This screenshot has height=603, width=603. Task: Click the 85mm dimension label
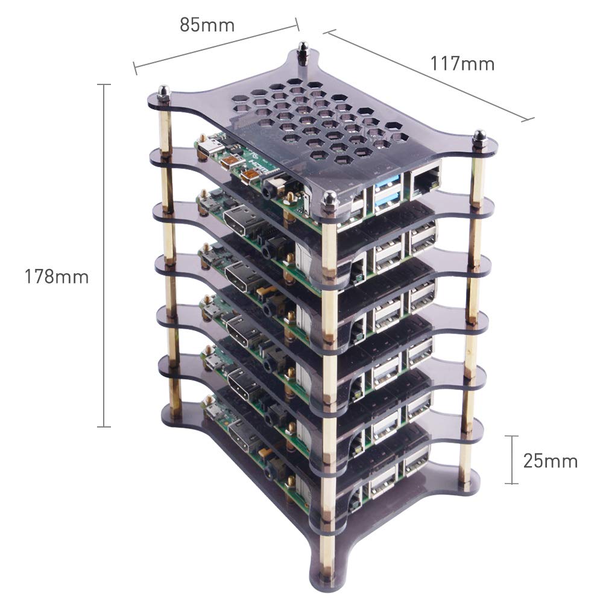click(x=207, y=25)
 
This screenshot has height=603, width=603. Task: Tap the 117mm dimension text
click(x=462, y=63)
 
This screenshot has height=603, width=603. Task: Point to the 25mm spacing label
click(x=550, y=461)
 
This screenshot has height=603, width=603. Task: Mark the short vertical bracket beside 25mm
click(x=512, y=459)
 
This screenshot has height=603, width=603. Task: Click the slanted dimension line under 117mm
click(x=431, y=75)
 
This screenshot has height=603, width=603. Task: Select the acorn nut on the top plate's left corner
click(x=162, y=93)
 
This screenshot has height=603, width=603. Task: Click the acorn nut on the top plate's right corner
click(x=479, y=136)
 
